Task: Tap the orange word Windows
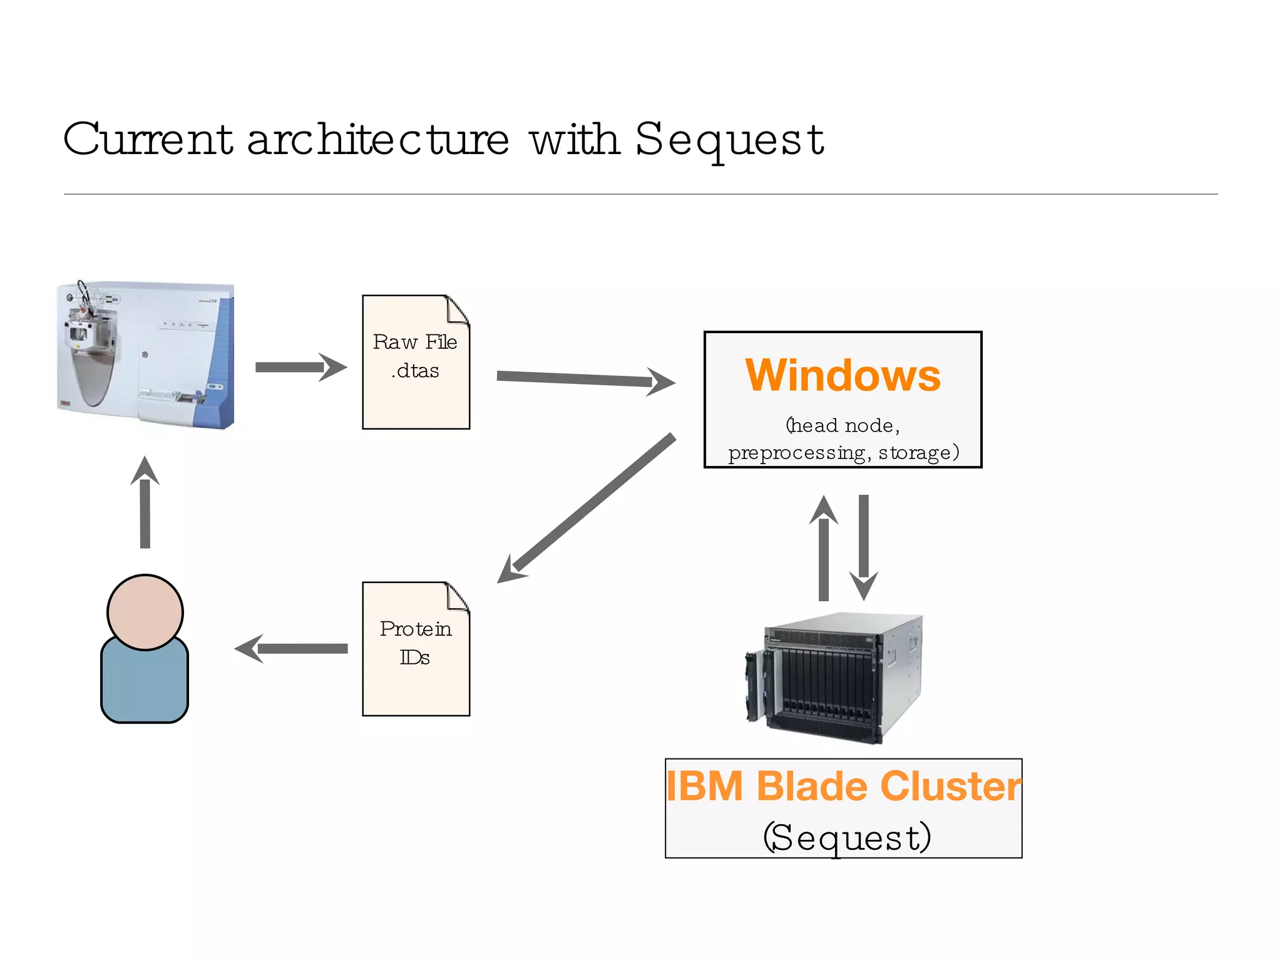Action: tap(843, 376)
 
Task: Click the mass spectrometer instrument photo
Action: tap(145, 354)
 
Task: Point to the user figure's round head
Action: tap(145, 612)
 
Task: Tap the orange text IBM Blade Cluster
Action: tap(843, 786)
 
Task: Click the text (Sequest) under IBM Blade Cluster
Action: tap(846, 837)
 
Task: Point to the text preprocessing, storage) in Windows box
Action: tap(843, 452)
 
